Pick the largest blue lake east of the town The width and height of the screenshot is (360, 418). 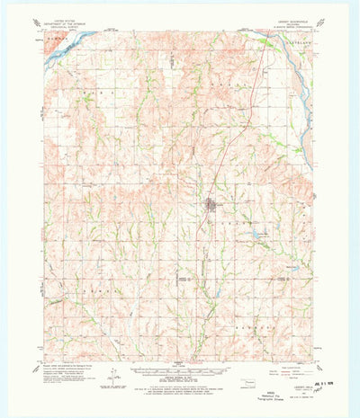(256, 236)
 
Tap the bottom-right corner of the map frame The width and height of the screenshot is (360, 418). (314, 362)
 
